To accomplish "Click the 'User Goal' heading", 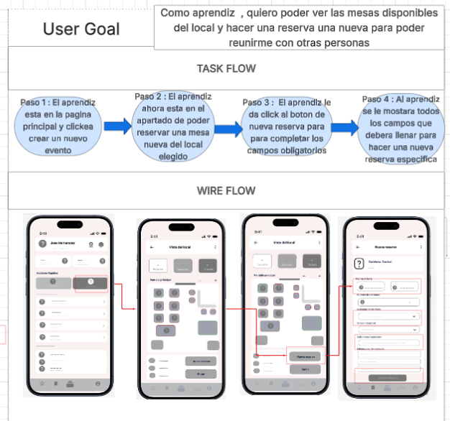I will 81,29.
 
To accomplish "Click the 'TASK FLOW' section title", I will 226,69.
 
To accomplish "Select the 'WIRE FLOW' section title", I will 226,191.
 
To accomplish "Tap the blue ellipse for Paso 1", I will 58,127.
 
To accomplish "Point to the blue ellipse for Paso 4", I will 400,130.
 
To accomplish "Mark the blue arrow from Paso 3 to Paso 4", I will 344,128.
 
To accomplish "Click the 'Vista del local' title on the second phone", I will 180,248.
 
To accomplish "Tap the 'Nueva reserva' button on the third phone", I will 305,355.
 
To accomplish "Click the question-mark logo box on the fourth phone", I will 360,264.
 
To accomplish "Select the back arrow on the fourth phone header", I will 357,246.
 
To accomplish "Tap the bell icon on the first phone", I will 101,245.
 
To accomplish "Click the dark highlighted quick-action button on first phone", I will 91,283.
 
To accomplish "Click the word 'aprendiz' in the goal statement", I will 211,13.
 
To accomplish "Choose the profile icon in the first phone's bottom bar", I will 98,385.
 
